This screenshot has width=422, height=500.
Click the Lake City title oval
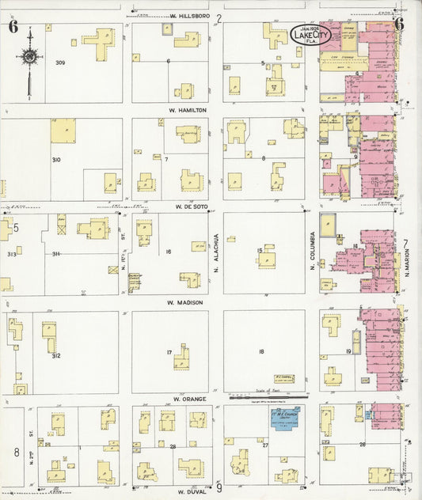[x=310, y=35]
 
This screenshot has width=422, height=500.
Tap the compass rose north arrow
[x=29, y=56]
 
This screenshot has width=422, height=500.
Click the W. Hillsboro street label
[x=188, y=16]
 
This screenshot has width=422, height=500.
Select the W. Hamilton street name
[x=188, y=110]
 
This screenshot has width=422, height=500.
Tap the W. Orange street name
[x=188, y=399]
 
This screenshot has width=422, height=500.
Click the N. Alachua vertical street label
[x=216, y=252]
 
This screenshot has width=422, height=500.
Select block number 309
[x=59, y=62]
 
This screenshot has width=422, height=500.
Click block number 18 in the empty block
[x=261, y=350]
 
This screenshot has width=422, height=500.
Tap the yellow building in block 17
[x=182, y=356]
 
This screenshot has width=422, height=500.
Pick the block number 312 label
[x=55, y=355]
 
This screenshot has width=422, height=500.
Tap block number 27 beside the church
[x=266, y=445]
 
